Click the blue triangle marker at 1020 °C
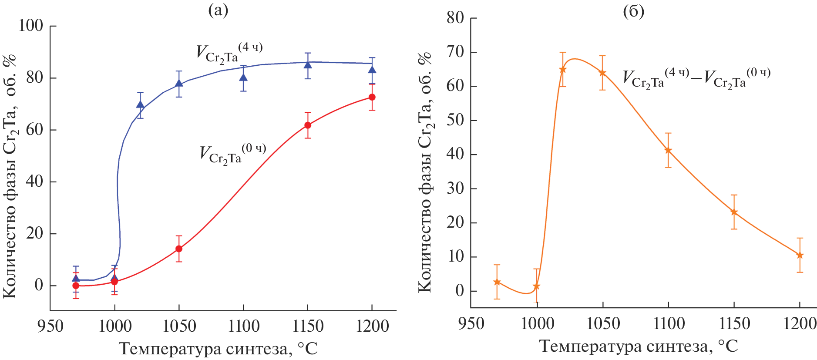(x=140, y=104)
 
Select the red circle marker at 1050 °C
(x=178, y=249)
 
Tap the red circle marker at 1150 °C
(x=308, y=125)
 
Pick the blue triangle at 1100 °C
(x=243, y=78)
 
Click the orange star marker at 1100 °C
(x=668, y=151)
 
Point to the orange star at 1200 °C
(x=800, y=256)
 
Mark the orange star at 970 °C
(x=497, y=282)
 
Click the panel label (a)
(x=218, y=10)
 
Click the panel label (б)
(x=633, y=11)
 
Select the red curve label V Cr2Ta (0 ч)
(x=232, y=153)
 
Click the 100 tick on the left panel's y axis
(x=30, y=26)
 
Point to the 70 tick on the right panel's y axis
(x=455, y=52)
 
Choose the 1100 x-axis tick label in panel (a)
(x=243, y=326)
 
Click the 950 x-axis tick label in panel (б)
(x=471, y=324)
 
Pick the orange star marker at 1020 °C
(x=563, y=70)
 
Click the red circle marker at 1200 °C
(x=372, y=97)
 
